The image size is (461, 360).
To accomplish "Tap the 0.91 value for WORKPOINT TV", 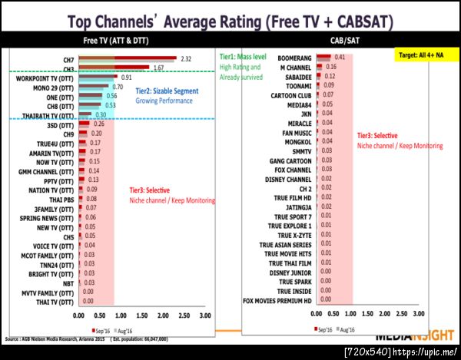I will pos(125,78).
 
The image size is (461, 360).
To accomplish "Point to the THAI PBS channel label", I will pos(62,198).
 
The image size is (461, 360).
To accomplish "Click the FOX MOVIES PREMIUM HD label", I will pos(277,300).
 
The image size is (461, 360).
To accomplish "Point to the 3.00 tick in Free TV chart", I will pos(204,315).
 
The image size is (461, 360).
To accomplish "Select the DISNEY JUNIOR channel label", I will pos(290,272).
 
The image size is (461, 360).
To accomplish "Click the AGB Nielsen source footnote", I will pos(92,338).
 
